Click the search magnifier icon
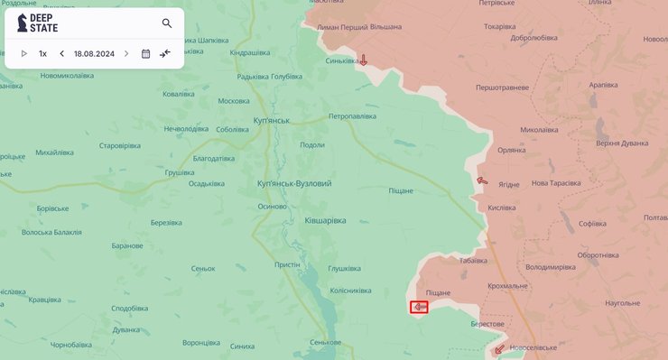coord(167,23)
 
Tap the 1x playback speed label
coord(42,53)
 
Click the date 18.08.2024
coord(93,53)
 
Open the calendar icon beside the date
coord(145,53)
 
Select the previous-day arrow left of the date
coord(62,53)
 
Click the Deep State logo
coord(36,23)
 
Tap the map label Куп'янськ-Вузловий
coord(294,183)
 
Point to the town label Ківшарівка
coord(325,220)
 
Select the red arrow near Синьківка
coord(363,60)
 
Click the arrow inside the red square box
coord(420,308)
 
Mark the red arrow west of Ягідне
coord(482,180)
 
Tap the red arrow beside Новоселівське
coord(499,348)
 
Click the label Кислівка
coord(501,208)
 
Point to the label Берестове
coord(487,323)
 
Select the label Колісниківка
coord(351,291)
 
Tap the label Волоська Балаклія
coord(51,232)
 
